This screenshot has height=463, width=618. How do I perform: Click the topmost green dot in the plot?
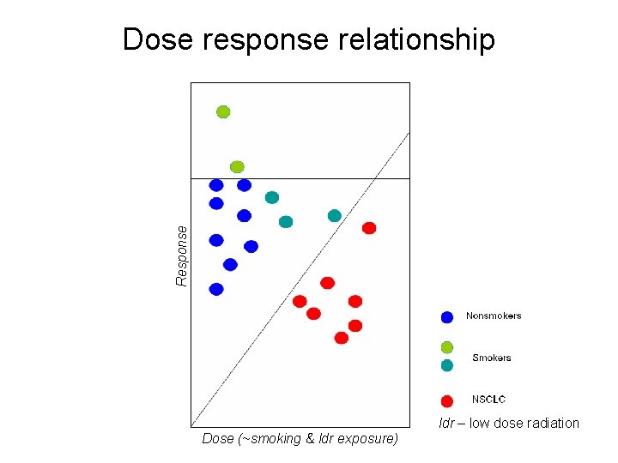click(x=223, y=111)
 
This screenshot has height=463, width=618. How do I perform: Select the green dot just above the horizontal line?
click(x=237, y=166)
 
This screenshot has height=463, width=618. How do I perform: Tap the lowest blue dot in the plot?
click(x=216, y=289)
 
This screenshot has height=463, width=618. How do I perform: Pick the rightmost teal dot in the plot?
click(x=335, y=215)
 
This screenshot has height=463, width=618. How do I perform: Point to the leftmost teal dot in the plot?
click(x=272, y=197)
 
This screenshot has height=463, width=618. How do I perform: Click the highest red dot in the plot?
click(x=369, y=228)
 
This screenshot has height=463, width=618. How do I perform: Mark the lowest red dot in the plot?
click(x=342, y=338)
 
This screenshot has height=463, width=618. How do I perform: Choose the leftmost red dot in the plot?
click(x=300, y=301)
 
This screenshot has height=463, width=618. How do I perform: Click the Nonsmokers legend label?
click(x=494, y=316)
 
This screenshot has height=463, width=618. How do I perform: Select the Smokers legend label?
click(x=492, y=358)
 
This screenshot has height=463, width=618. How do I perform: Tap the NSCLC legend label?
click(x=488, y=400)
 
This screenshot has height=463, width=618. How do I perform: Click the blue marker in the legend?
click(x=447, y=317)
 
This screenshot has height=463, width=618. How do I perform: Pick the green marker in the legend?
click(x=447, y=347)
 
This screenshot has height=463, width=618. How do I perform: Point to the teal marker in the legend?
click(x=447, y=365)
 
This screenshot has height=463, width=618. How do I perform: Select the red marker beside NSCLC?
click(x=447, y=400)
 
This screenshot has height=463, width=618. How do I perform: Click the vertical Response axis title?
click(x=181, y=256)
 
